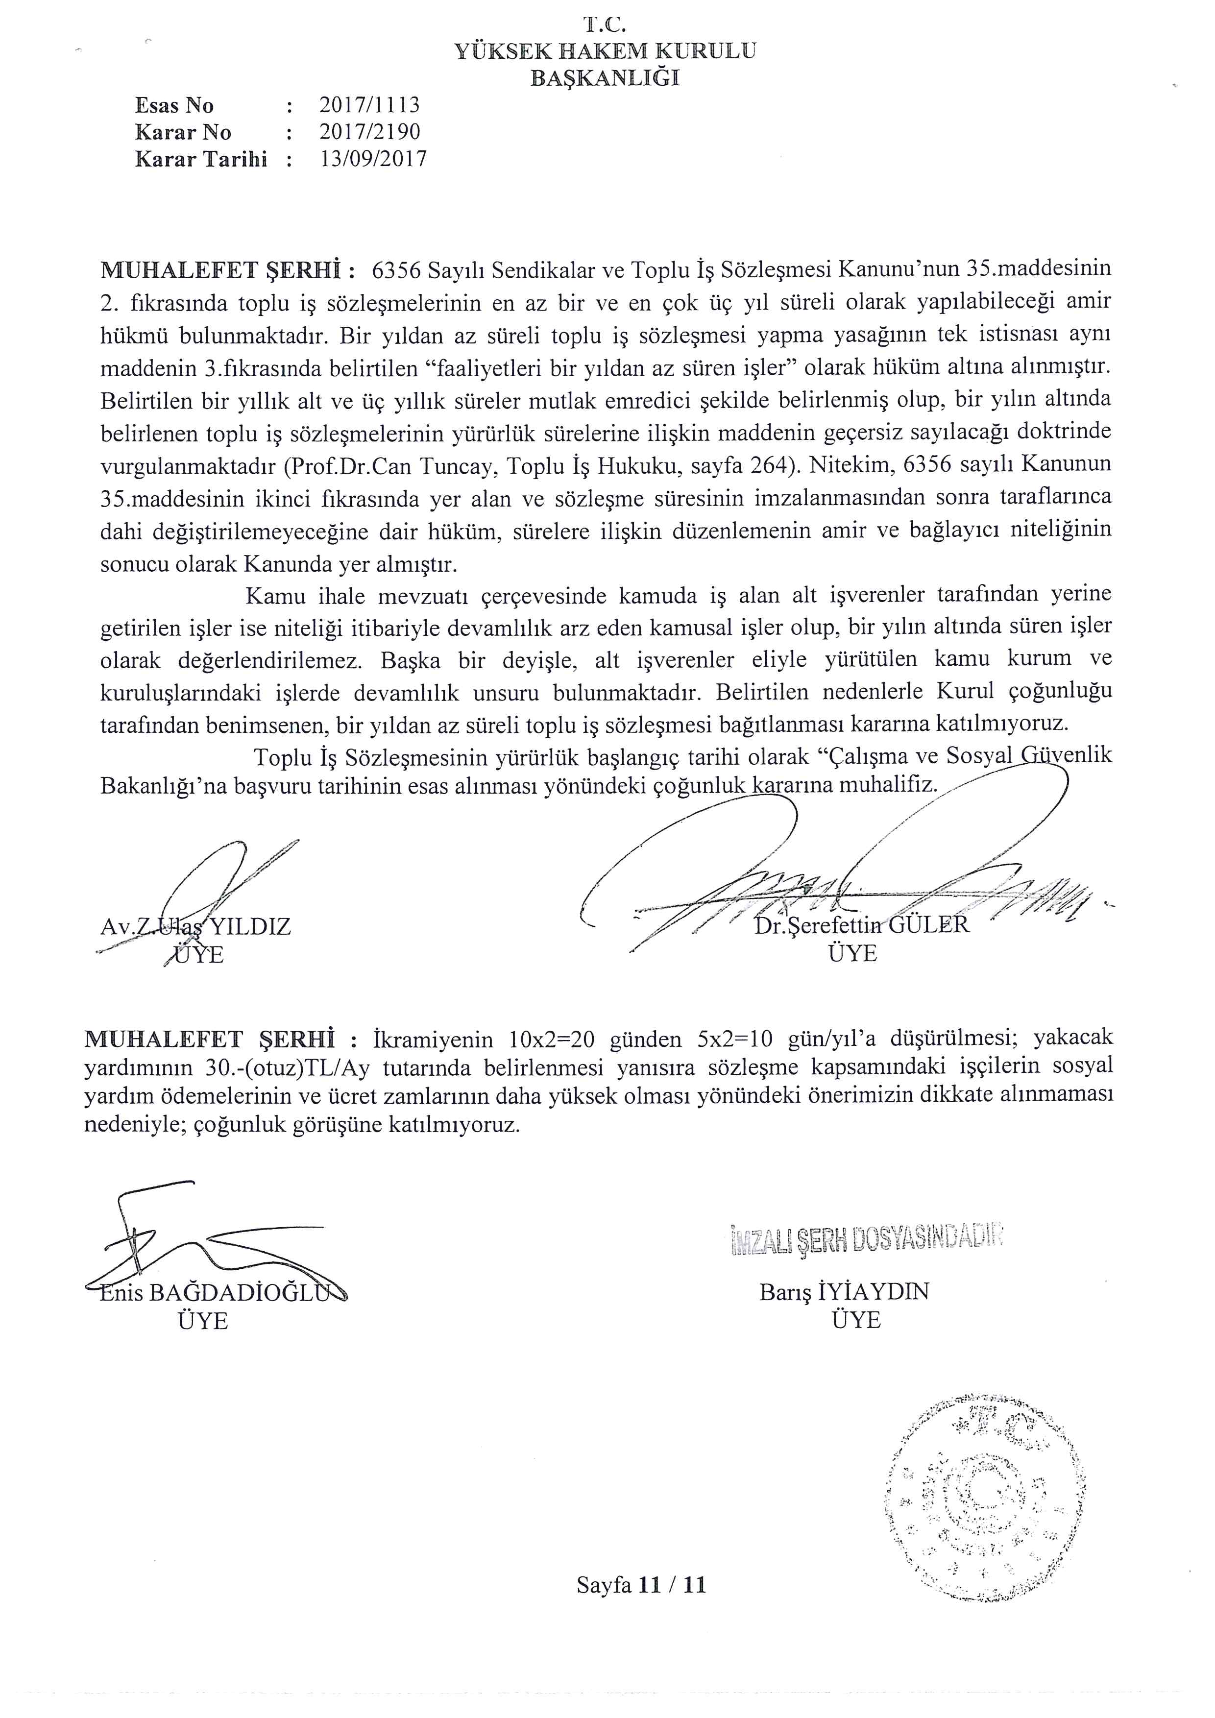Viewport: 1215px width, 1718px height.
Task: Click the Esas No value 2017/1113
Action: click(369, 105)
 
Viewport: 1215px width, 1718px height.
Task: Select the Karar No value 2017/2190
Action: click(369, 132)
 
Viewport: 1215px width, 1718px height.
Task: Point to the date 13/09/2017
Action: click(372, 159)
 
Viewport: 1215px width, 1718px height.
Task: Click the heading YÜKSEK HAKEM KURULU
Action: click(605, 51)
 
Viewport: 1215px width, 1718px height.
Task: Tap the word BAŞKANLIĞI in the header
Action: click(605, 78)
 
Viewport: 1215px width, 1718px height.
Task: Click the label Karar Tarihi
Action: click(200, 159)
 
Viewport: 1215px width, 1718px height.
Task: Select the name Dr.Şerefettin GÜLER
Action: click(862, 925)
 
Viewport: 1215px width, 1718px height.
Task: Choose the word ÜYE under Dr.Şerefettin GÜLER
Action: click(853, 953)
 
